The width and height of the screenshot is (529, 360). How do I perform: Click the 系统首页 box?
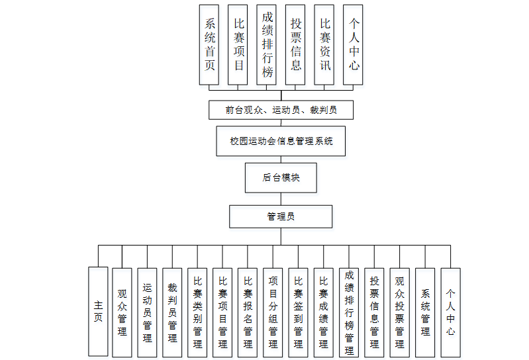209,44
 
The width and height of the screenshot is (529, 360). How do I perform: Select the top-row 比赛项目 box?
238,44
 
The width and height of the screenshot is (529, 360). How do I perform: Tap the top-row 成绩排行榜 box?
267,44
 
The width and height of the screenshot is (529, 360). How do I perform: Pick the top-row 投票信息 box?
295,44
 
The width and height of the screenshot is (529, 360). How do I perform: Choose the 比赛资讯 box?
324,44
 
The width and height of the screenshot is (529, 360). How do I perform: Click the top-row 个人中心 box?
353,44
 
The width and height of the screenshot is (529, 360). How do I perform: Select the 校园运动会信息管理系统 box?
281,141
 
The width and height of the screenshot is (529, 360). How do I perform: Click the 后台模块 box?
281,178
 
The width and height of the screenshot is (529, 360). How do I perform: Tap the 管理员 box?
281,216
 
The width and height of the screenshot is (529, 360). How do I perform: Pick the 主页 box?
98,311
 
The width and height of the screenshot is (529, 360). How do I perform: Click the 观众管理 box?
122,312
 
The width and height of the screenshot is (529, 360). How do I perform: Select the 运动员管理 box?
147,312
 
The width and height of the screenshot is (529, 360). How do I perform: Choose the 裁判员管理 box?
172,312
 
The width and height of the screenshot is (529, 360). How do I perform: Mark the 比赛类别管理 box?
197,312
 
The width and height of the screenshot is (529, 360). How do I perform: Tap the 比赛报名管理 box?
248,312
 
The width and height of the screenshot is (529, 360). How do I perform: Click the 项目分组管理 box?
273,312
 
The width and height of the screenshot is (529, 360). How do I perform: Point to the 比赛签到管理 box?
298,312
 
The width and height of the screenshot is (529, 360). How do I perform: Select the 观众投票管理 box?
399,312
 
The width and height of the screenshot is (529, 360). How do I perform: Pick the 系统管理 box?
425,312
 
